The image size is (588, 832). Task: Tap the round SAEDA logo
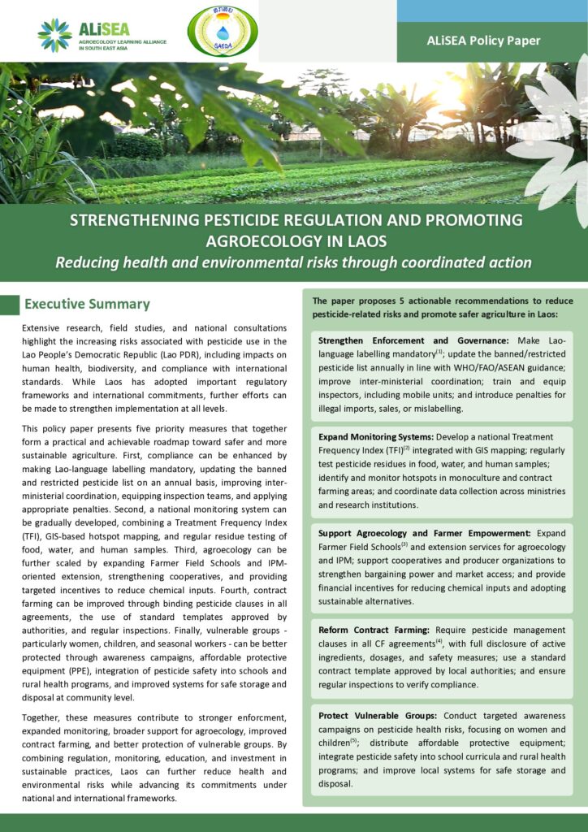[222, 31]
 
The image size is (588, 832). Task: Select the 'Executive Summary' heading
[87, 304]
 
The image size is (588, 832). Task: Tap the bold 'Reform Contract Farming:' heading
[374, 630]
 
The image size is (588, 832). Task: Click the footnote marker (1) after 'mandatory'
[439, 352]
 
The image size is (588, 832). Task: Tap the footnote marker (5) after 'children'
[354, 741]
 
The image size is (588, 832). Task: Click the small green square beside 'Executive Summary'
[9, 305]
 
